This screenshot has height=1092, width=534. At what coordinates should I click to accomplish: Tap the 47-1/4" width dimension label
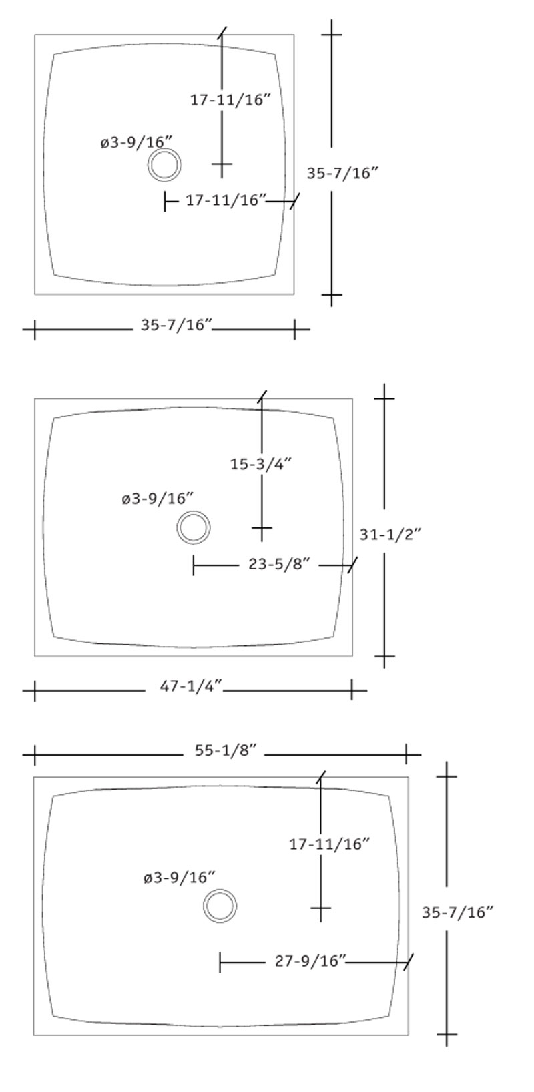click(191, 686)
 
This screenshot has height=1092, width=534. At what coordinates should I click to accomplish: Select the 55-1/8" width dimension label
click(226, 750)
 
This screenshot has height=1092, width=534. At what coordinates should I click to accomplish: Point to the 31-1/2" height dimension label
click(390, 535)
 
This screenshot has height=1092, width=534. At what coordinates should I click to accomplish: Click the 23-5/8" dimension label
click(280, 565)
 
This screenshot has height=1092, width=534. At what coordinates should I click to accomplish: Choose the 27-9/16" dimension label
click(310, 961)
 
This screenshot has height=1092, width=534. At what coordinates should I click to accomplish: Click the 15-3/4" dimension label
click(261, 464)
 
